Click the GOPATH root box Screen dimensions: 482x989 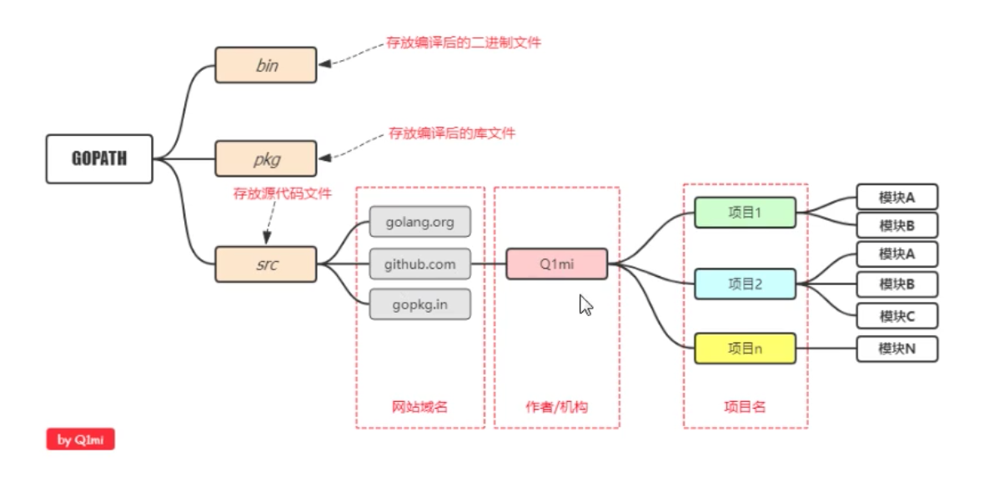click(99, 158)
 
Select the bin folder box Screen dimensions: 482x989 click(266, 65)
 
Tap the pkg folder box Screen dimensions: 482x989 click(266, 158)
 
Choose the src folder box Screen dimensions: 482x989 click(266, 264)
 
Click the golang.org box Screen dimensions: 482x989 click(419, 222)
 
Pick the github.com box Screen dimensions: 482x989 click(419, 264)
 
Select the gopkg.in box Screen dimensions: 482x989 click(419, 304)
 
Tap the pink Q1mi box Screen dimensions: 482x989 click(556, 264)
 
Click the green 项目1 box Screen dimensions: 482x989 click(745, 213)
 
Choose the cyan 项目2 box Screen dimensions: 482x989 click(745, 284)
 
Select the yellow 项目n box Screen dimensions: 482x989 click(745, 349)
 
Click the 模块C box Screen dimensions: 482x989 click(896, 316)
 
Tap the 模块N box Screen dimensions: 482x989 click(896, 349)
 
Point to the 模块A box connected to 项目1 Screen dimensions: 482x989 click(896, 198)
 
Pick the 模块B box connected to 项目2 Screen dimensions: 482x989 click(896, 284)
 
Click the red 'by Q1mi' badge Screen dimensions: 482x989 click(80, 439)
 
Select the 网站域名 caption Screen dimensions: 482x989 click(419, 407)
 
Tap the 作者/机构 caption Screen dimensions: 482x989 click(556, 407)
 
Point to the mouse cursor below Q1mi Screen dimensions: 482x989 click(585, 304)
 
